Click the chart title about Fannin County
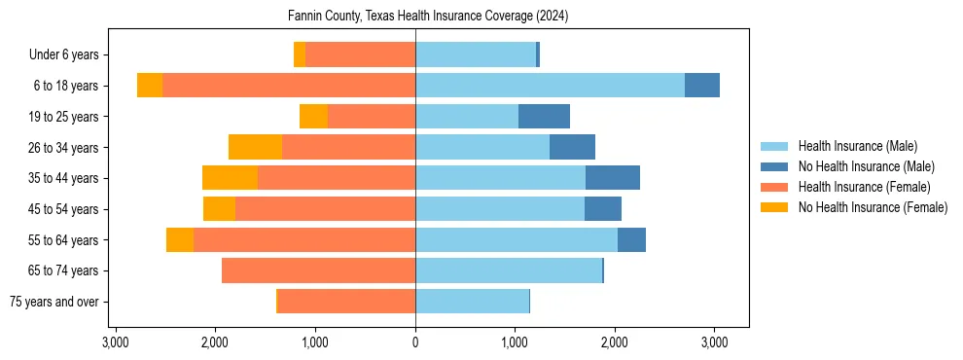[428, 17]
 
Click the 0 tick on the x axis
[415, 342]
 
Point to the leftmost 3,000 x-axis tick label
[116, 342]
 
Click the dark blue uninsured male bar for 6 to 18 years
[702, 86]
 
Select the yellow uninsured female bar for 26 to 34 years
[255, 147]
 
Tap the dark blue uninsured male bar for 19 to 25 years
[544, 117]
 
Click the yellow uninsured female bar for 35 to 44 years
[230, 178]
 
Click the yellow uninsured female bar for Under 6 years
[300, 55]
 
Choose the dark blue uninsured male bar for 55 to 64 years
[631, 240]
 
